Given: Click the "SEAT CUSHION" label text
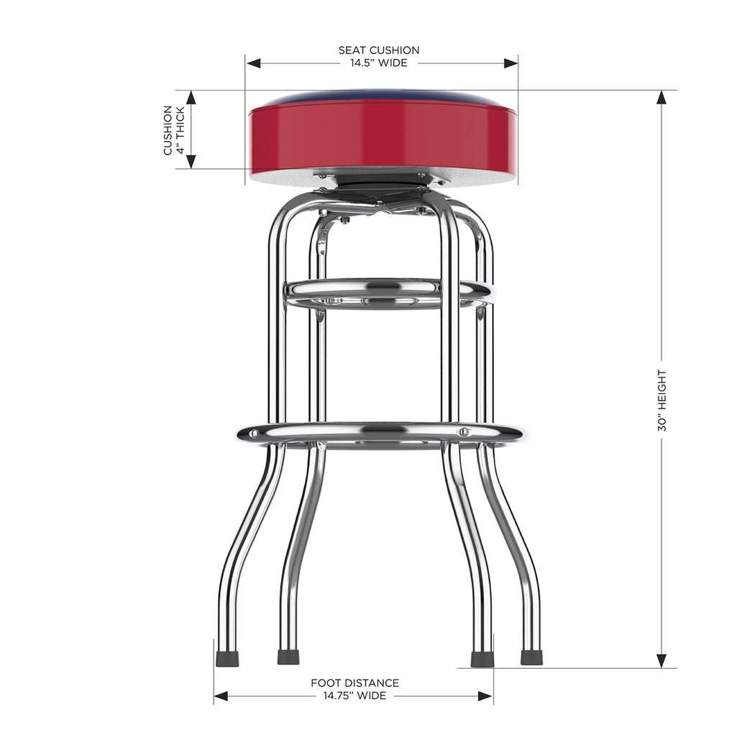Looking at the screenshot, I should [379, 50].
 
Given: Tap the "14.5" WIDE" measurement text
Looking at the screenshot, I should [379, 63].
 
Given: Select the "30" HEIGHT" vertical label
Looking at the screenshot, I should [662, 401].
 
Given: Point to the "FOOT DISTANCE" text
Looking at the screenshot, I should [354, 683].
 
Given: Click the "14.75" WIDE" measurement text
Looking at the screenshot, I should [354, 696].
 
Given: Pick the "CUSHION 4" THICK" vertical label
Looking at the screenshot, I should [173, 130].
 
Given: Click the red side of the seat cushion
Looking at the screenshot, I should [381, 137].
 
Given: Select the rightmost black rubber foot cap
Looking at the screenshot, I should [531, 657].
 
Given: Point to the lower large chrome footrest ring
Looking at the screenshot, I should [381, 433].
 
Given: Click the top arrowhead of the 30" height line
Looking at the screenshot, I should [662, 98].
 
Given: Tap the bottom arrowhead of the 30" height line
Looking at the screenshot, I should [662, 661].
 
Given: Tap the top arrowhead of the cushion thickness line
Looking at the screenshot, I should [191, 98].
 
